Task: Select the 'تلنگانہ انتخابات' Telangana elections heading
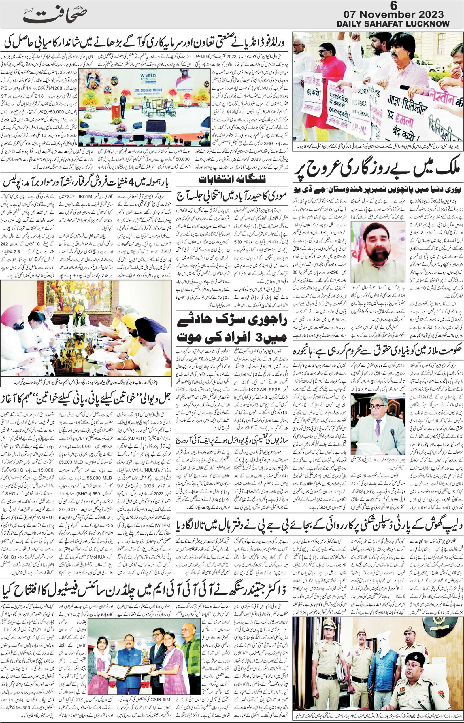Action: [232, 180]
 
